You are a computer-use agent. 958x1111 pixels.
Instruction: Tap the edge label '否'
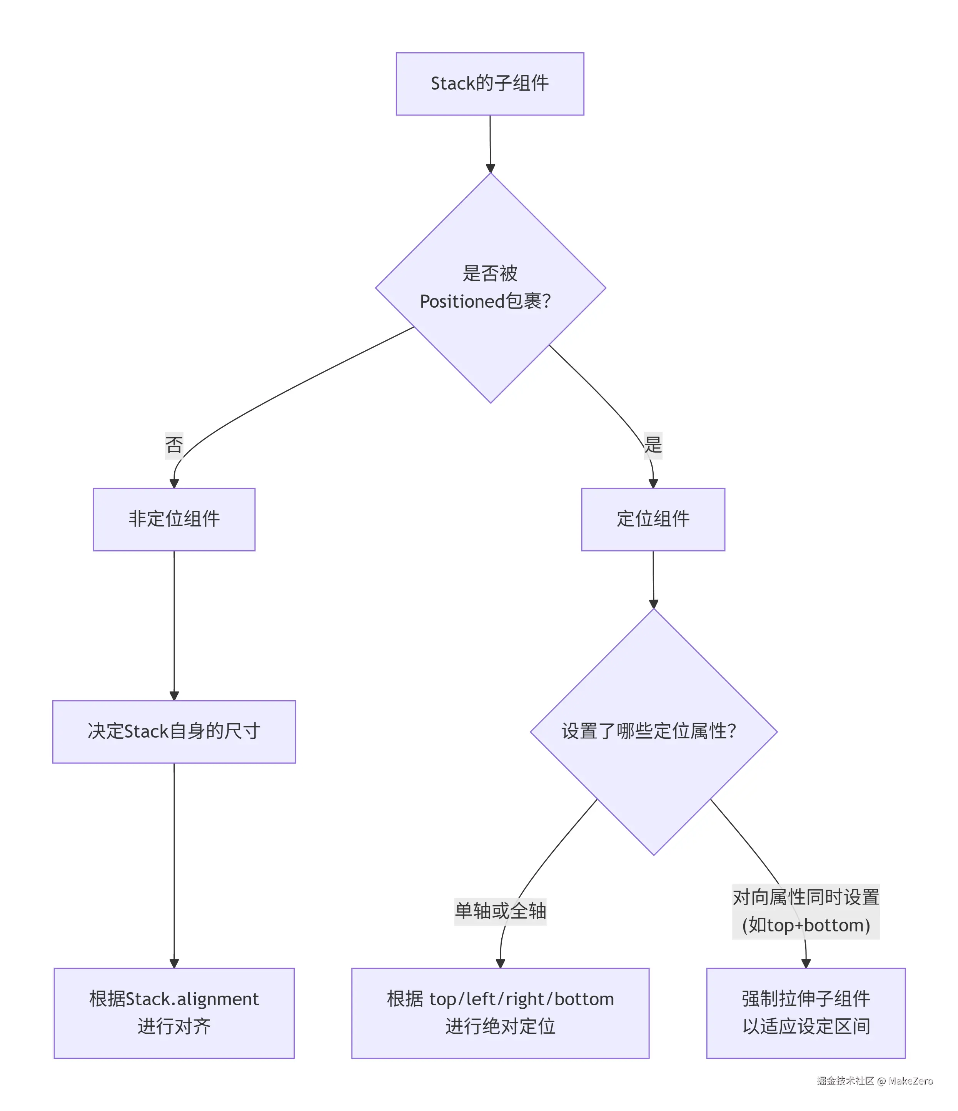[174, 445]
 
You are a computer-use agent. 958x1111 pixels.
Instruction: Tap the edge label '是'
[653, 445]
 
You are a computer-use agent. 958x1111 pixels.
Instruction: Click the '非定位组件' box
[174, 519]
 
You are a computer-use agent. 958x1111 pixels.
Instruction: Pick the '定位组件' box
[653, 519]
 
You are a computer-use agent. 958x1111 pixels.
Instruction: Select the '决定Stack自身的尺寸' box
[174, 731]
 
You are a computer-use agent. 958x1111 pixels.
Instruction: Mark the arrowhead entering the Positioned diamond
[490, 168]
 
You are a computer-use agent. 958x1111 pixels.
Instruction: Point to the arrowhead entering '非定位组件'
[174, 484]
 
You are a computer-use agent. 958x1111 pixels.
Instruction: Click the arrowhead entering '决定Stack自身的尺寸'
[174, 696]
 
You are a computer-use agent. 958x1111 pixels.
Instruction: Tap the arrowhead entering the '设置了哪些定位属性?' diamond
[653, 604]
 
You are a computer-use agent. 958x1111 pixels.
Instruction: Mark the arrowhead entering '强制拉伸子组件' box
[806, 964]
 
